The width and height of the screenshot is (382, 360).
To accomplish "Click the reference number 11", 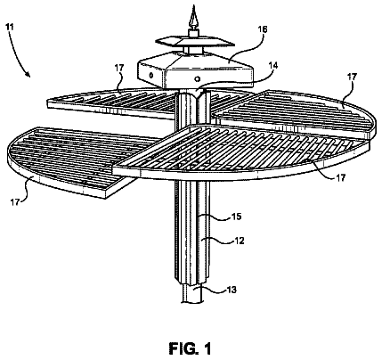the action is pos(10,27).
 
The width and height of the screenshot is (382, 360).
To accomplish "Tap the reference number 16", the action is pos(263,29).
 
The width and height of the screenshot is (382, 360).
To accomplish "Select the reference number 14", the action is pos(273,66).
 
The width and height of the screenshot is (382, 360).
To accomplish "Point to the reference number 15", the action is pos(237,217).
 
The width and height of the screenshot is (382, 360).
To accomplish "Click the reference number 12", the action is pos(239,241).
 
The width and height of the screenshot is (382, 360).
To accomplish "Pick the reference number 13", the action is pos(232,290).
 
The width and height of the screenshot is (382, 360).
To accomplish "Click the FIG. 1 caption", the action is pos(191,348).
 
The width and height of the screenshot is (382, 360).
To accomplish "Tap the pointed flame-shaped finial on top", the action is pos(193,19).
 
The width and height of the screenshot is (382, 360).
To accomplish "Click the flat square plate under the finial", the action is pos(193,42).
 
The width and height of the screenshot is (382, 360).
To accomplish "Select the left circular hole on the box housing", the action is pos(151,75).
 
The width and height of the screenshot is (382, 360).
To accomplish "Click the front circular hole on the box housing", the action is pos(197,78).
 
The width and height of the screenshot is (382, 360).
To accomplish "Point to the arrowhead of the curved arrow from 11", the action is pos(28,74).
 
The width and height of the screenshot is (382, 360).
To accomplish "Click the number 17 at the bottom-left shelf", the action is pos(14,202).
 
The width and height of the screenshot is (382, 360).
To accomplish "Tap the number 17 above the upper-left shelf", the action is pos(119,69).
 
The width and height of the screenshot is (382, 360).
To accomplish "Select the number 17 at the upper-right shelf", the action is pos(352,77).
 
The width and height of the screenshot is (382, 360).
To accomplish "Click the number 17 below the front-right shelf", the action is pos(340,178).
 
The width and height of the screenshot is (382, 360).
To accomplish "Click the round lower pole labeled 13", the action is pos(192,293).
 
